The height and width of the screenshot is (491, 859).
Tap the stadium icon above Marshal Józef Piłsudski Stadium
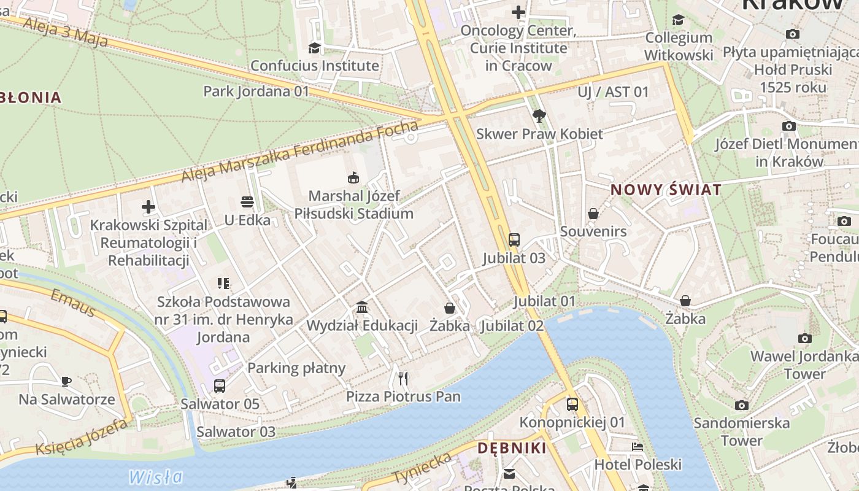pyautogui.click(x=353, y=178)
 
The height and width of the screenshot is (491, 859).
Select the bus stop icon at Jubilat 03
pyautogui.click(x=514, y=239)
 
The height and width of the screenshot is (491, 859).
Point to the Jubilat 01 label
pyautogui.click(x=544, y=301)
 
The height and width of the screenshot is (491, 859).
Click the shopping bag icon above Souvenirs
pyautogui.click(x=593, y=214)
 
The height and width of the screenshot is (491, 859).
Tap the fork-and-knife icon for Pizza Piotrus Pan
pyautogui.click(x=403, y=378)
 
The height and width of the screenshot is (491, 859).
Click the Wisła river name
pyautogui.click(x=156, y=477)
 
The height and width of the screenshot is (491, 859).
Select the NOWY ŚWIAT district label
pyautogui.click(x=666, y=190)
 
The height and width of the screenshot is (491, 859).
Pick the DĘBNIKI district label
pyautogui.click(x=512, y=448)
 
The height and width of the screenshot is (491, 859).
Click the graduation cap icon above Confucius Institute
pyautogui.click(x=314, y=48)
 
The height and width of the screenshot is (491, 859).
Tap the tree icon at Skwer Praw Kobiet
pyautogui.click(x=539, y=115)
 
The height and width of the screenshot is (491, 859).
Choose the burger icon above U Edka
pyautogui.click(x=247, y=202)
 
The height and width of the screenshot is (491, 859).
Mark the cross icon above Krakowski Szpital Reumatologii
pyautogui.click(x=148, y=207)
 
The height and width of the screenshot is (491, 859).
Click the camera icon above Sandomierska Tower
pyautogui.click(x=742, y=405)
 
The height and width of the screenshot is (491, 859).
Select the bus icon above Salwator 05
pyautogui.click(x=220, y=386)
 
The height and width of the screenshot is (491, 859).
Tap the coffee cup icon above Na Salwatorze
pyautogui.click(x=66, y=381)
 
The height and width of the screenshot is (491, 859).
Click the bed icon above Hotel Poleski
pyautogui.click(x=638, y=447)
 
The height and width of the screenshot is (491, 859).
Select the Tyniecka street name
pyautogui.click(x=423, y=468)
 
